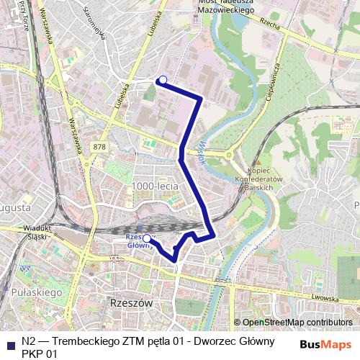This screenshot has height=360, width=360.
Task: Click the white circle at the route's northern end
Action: (x=163, y=80)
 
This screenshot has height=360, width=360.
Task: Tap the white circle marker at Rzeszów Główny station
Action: (x=147, y=238)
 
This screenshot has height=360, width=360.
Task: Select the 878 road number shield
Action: (x=99, y=147)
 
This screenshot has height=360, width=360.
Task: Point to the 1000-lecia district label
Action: (x=155, y=186)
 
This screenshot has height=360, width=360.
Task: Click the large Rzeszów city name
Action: (x=129, y=303)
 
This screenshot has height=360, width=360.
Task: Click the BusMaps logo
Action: (x=325, y=343)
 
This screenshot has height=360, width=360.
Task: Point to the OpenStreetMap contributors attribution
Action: (x=297, y=322)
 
